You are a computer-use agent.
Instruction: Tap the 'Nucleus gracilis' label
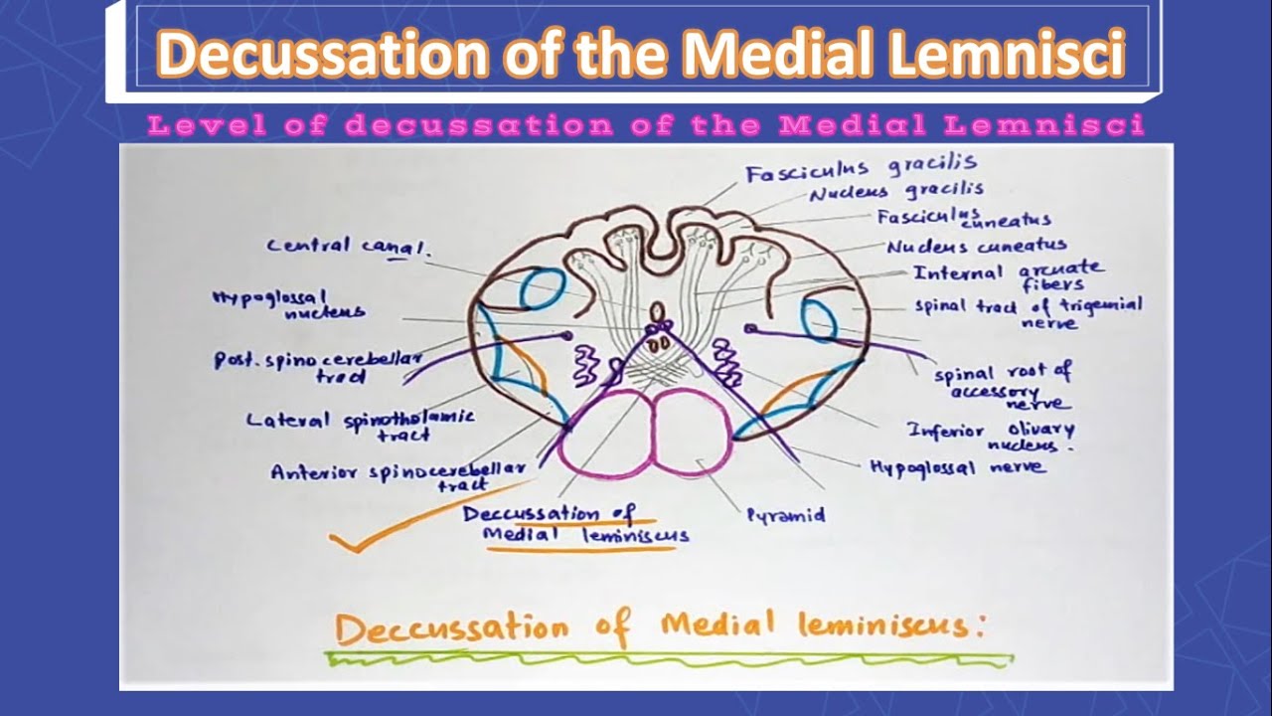pos(896,191)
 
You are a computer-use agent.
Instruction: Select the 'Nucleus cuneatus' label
pos(977,245)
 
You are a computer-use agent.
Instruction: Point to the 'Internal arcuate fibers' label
pos(1008,274)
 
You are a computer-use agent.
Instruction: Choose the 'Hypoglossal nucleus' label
pos(288,304)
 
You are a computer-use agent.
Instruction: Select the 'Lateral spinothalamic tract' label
pos(361,425)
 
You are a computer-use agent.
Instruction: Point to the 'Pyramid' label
pos(785,515)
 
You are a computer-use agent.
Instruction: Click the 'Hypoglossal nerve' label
pos(957,465)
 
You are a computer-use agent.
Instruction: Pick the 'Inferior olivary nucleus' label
pos(991,436)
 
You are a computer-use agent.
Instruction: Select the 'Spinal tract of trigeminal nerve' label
pos(1029,310)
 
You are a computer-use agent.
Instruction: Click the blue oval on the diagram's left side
pos(543,289)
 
